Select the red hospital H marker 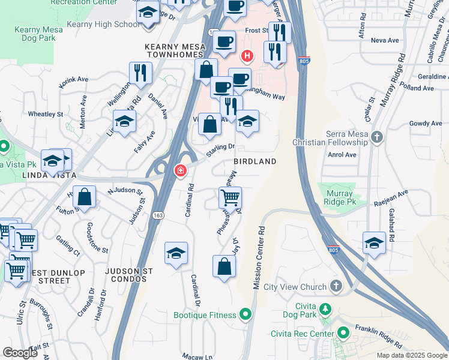click(x=246, y=56)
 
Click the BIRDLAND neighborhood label click(x=255, y=161)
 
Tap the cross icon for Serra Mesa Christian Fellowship click(x=376, y=137)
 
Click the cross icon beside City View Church click(x=336, y=287)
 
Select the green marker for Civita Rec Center click(x=343, y=332)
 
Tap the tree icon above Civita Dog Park click(x=325, y=309)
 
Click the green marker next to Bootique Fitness click(x=245, y=314)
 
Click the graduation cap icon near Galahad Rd click(x=374, y=243)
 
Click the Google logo click(x=20, y=353)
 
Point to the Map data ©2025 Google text click(x=411, y=355)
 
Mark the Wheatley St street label click(x=46, y=113)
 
